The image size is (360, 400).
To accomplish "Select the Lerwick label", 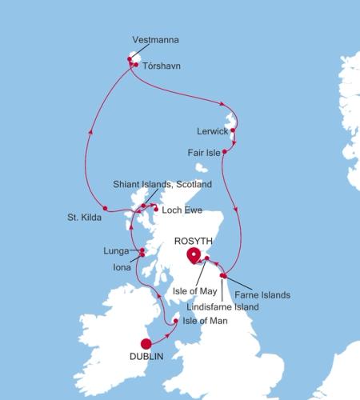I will pyautogui.click(x=212, y=130).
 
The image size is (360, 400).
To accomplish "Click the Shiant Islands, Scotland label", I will pyautogui.click(x=162, y=184).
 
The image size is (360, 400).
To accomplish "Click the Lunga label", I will pyautogui.click(x=118, y=250).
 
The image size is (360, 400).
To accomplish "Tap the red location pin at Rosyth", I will pyautogui.click(x=193, y=255).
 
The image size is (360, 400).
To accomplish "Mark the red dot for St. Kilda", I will pyautogui.click(x=105, y=209).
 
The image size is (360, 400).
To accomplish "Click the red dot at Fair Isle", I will pyautogui.click(x=225, y=151).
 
